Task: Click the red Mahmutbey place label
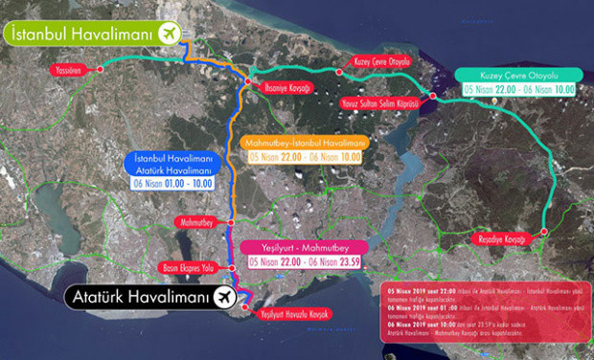point(195,223)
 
